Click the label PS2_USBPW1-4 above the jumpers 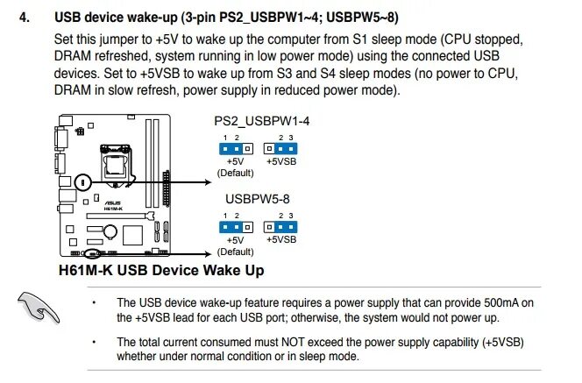click(259, 123)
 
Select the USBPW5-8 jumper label click(258, 198)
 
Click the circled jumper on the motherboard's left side click(82, 182)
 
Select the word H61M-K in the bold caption click(83, 270)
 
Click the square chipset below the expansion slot click(131, 234)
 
